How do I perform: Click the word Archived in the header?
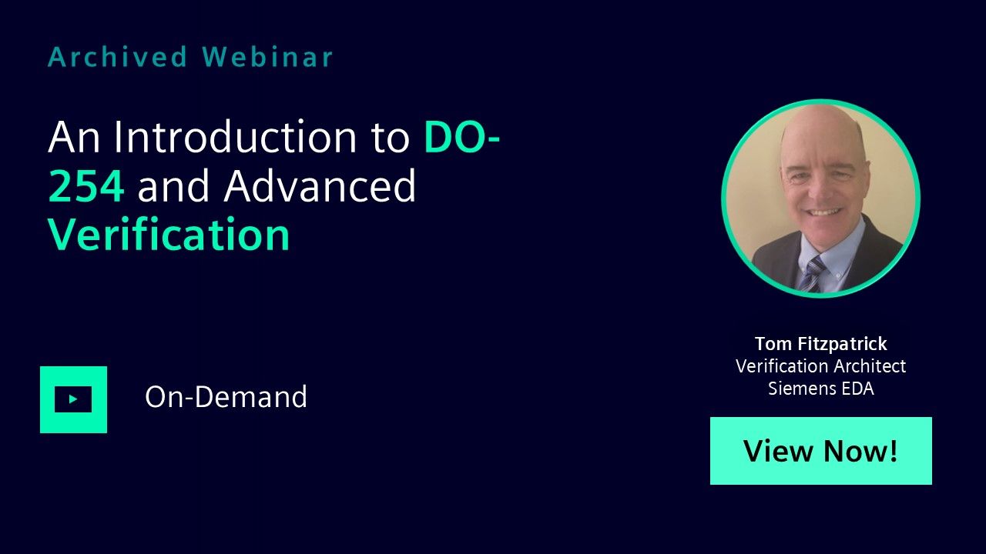pyautogui.click(x=118, y=57)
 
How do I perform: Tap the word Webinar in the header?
pyautogui.click(x=267, y=57)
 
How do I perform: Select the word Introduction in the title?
pyautogui.click(x=235, y=137)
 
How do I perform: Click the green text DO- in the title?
pyautogui.click(x=461, y=137)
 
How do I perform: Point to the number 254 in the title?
pyautogui.click(x=86, y=186)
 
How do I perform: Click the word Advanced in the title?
pyautogui.click(x=320, y=185)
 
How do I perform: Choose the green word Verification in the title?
pyautogui.click(x=169, y=234)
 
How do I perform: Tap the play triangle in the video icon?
pyautogui.click(x=73, y=399)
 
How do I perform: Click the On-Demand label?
pyautogui.click(x=226, y=396)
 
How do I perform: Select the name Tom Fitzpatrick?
pyautogui.click(x=821, y=343)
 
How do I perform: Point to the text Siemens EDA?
pyautogui.click(x=821, y=389)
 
